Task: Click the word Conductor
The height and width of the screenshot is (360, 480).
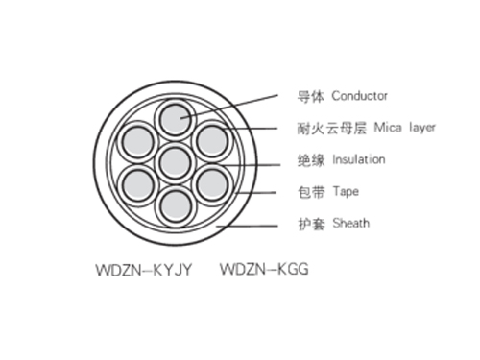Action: pyautogui.click(x=359, y=97)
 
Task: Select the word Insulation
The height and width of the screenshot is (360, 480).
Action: pyautogui.click(x=358, y=159)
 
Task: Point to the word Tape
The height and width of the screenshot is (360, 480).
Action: pyautogui.click(x=346, y=191)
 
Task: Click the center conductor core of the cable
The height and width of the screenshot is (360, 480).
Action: pyautogui.click(x=174, y=161)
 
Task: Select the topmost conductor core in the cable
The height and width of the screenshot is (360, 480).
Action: pyautogui.click(x=174, y=120)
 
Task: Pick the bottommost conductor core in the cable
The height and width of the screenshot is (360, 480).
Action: pyautogui.click(x=174, y=203)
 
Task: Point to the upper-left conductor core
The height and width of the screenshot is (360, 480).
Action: pyautogui.click(x=138, y=141)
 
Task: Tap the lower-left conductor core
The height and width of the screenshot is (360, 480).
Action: pyautogui.click(x=138, y=182)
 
